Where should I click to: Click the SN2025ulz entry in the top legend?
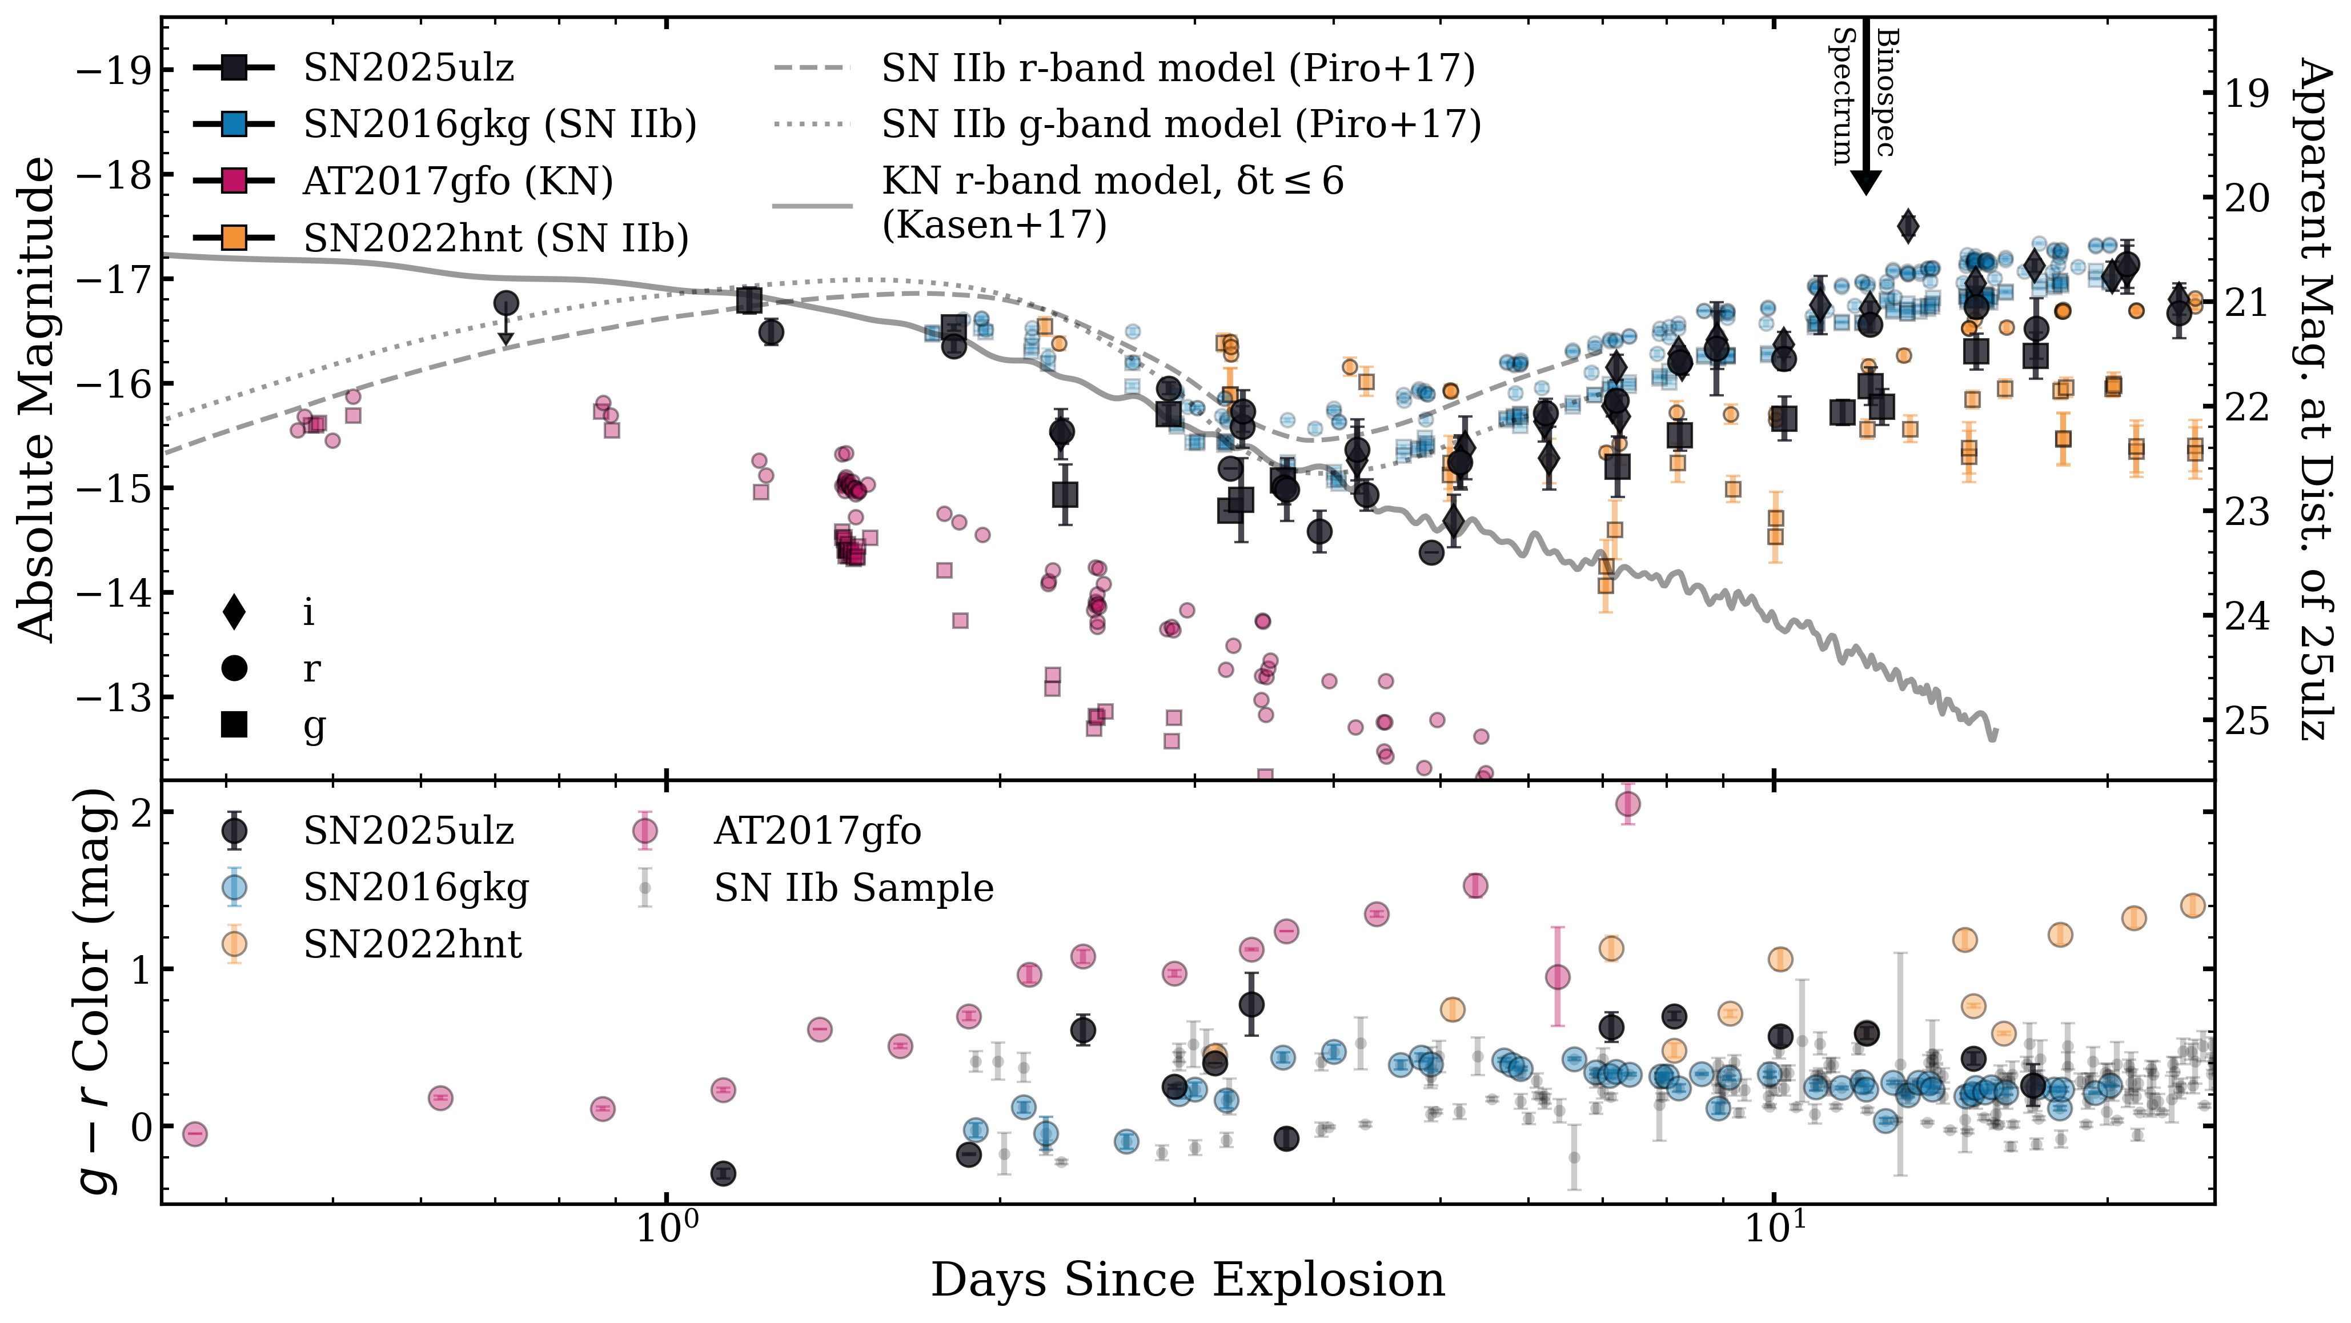(408, 67)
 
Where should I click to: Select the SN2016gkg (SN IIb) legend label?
(499, 124)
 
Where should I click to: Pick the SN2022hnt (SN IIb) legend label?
(496, 238)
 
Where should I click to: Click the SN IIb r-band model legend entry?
(1177, 67)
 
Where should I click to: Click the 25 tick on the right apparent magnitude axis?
(2246, 720)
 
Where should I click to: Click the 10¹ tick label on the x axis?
(1774, 1229)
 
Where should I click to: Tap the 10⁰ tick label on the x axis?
(666, 1229)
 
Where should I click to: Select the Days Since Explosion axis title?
(1186, 1280)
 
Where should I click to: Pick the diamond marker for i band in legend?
(235, 612)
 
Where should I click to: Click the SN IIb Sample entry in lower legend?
(853, 888)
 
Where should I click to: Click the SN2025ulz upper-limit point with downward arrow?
(505, 304)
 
